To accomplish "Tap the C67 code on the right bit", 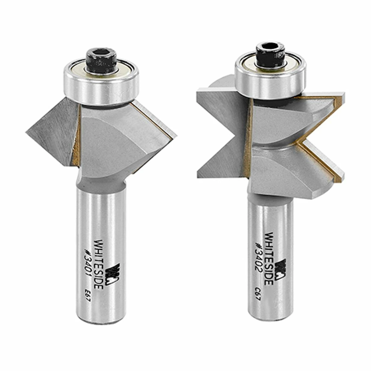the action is (258, 299).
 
